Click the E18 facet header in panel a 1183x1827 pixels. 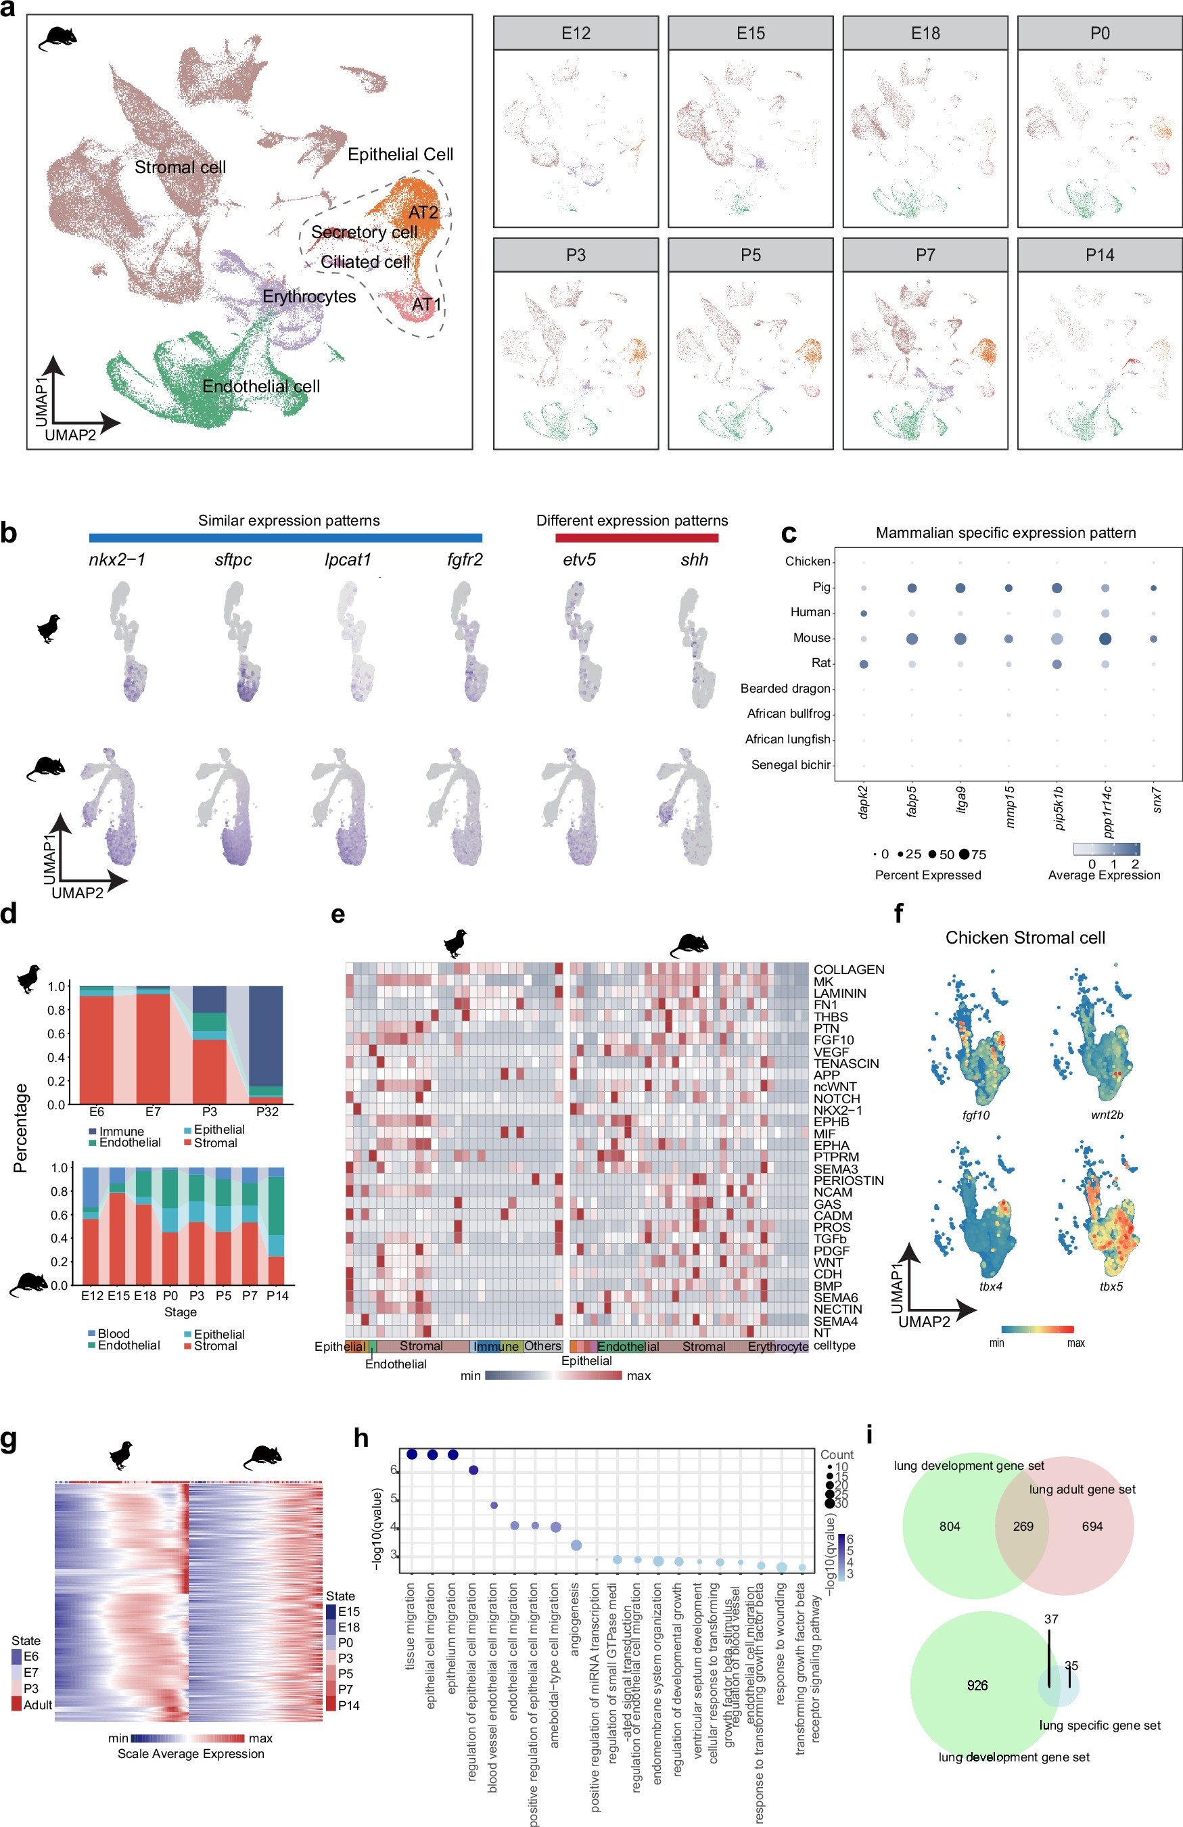coord(925,34)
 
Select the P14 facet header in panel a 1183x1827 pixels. coord(1099,255)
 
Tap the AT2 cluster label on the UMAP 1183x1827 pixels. coord(423,212)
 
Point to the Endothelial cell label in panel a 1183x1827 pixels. coord(261,386)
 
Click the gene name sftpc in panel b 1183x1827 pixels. coord(233,559)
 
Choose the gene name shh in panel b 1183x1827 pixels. coord(694,559)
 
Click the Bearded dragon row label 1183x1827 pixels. coord(785,689)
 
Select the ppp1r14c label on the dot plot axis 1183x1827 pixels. coord(1108,810)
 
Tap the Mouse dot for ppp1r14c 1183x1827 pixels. coord(1105,639)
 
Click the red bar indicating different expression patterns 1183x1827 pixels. coord(636,538)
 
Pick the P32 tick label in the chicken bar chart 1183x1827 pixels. coord(266,1111)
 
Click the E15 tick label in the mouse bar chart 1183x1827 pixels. coord(118,1295)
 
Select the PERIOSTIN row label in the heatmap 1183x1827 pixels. coord(848,1180)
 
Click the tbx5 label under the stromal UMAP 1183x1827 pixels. coord(1111,1287)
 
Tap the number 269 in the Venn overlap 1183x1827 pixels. coord(1023,1526)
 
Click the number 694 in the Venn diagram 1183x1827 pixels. coord(1092,1526)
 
